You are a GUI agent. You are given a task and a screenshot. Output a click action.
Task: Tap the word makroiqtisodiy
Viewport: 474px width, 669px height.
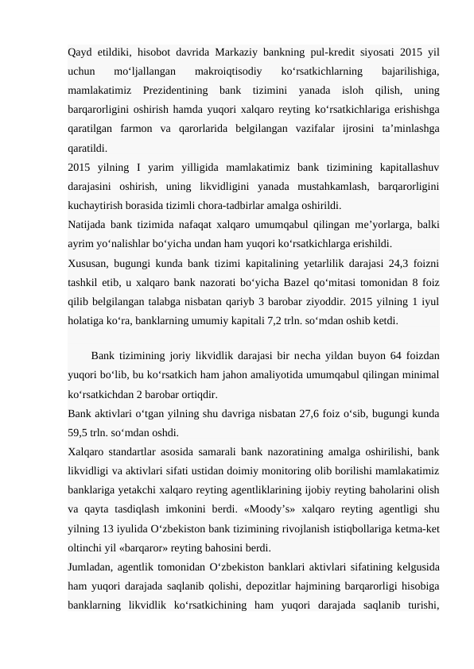[x=228, y=72]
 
